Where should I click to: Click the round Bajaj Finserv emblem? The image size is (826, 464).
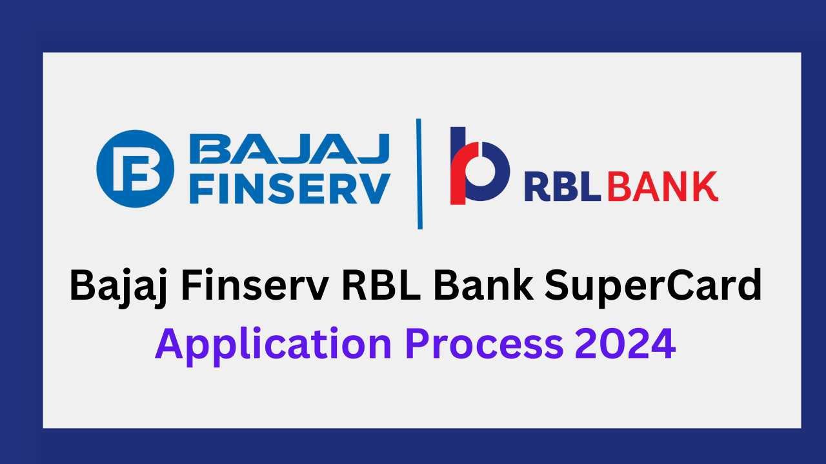click(135, 169)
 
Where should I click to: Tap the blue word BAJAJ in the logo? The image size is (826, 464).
click(290, 148)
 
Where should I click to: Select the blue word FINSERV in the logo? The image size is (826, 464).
click(290, 189)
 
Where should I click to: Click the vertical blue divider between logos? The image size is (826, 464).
click(419, 174)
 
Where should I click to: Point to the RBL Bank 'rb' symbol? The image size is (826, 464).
click(479, 166)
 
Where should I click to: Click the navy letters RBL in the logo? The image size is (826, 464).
click(562, 186)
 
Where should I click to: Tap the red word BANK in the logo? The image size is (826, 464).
click(663, 186)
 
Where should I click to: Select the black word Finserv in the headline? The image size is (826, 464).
click(254, 285)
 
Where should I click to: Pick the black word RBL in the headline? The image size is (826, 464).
click(381, 285)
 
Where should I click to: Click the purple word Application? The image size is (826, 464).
click(273, 346)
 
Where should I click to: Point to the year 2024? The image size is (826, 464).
click(625, 343)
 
